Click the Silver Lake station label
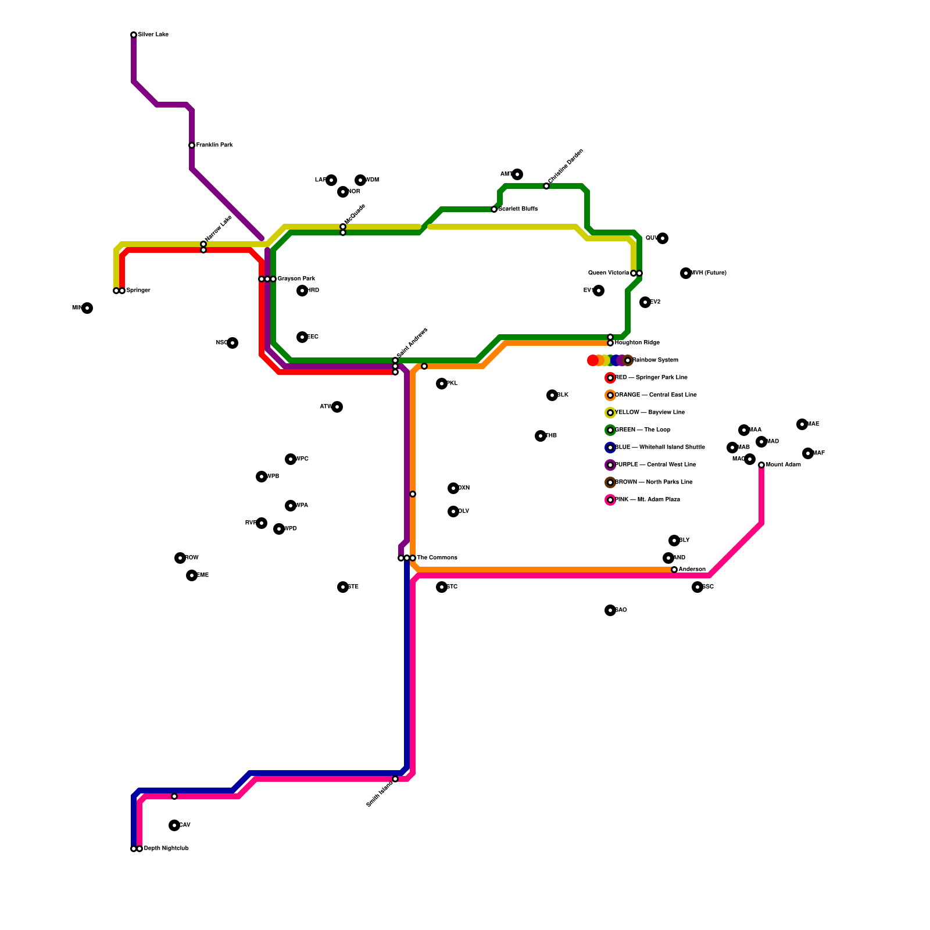click(x=153, y=35)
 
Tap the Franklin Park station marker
click(x=192, y=145)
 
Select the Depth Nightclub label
click(x=166, y=849)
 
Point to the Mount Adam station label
click(x=783, y=465)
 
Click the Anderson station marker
click(x=674, y=570)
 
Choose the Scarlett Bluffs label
click(x=518, y=209)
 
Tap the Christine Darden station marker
click(x=546, y=186)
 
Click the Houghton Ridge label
click(x=637, y=343)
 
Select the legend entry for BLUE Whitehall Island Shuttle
click(x=660, y=448)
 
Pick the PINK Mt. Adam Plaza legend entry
click(x=647, y=500)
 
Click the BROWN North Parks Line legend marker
click(x=610, y=482)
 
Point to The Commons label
click(x=437, y=558)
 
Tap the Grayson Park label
click(x=296, y=279)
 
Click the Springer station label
click(x=138, y=291)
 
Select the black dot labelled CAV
click(x=174, y=825)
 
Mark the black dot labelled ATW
click(x=337, y=407)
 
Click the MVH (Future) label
click(x=709, y=273)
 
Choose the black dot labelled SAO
click(x=610, y=610)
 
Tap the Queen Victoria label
click(x=608, y=273)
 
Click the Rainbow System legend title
click(x=655, y=360)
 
